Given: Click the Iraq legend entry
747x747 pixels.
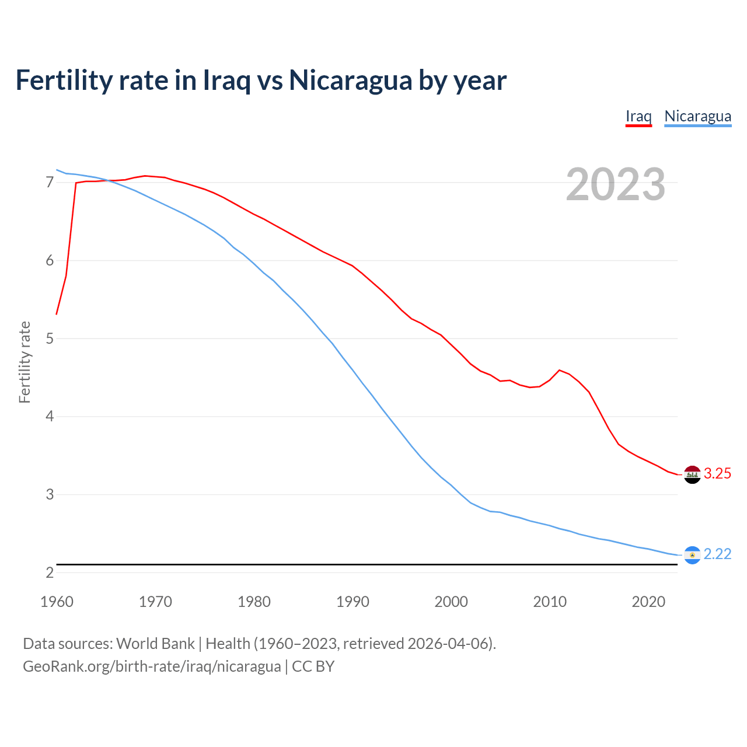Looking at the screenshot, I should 638,116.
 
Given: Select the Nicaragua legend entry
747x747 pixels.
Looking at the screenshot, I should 697,116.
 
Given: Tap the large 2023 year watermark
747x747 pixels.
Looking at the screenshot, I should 616,184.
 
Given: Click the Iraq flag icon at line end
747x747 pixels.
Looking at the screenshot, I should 692,474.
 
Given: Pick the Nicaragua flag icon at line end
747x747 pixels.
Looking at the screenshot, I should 692,555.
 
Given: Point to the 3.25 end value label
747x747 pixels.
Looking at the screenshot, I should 717,473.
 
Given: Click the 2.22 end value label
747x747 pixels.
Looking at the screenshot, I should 717,554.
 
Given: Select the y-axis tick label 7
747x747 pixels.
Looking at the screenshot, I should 50,183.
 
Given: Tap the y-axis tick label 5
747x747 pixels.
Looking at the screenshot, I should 50,338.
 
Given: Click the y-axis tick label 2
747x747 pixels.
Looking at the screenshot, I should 50,573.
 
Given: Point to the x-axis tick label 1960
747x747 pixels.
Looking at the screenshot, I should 57,602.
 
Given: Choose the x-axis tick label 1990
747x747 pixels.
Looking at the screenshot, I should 352,602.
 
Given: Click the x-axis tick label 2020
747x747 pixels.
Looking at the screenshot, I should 648,602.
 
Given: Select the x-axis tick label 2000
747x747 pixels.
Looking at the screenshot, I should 451,602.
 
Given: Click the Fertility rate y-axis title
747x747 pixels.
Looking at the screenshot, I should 25,362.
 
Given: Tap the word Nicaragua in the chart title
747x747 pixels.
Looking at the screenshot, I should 350,80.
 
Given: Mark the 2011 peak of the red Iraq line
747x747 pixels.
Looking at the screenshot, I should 560,370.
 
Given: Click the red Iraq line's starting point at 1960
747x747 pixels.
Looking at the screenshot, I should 57,314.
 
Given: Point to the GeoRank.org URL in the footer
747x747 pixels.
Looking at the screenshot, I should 152,666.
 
